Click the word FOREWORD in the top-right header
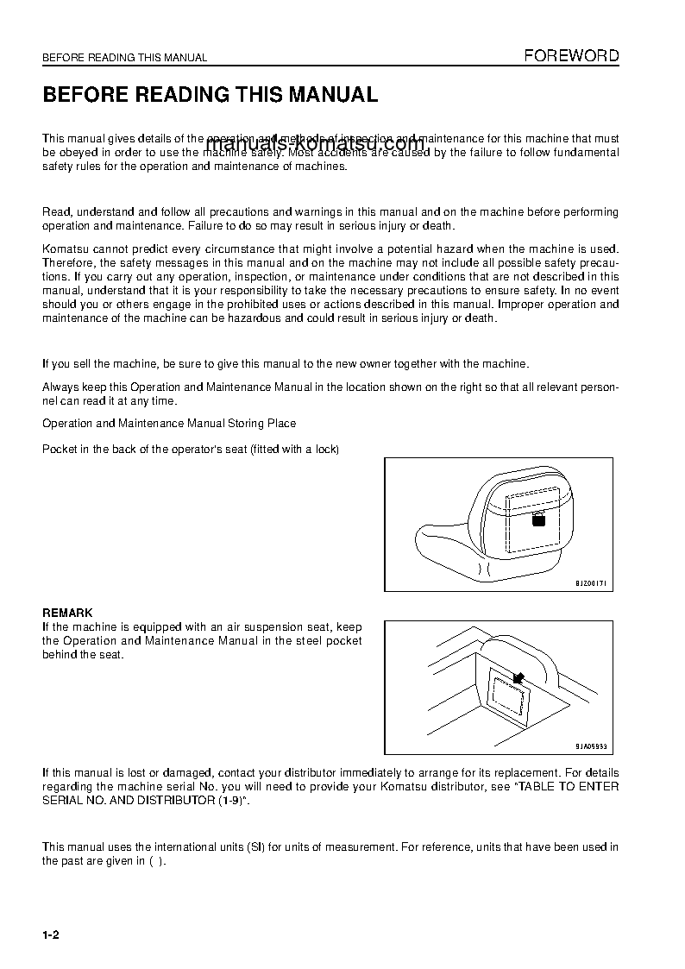click(x=572, y=56)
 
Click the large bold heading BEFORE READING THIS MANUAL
click(x=211, y=95)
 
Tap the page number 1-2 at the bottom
click(x=50, y=936)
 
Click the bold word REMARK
click(x=67, y=613)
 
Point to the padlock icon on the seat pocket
click(x=537, y=519)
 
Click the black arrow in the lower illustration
click(x=518, y=679)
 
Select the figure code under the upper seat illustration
click(x=592, y=584)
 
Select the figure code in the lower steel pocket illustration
click(x=592, y=747)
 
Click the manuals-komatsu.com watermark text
click(x=315, y=144)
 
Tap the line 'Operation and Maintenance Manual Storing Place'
click(x=169, y=423)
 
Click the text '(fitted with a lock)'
click(x=294, y=450)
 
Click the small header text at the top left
click(x=124, y=58)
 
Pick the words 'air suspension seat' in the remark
click(x=281, y=627)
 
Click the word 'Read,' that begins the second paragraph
click(x=57, y=212)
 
